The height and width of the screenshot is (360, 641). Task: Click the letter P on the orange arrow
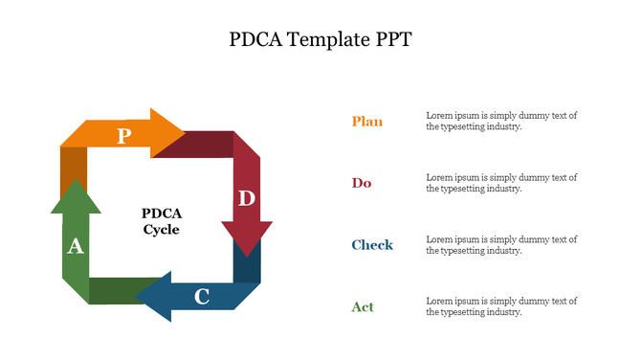coord(123,136)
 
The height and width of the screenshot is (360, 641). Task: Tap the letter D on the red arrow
coord(247,198)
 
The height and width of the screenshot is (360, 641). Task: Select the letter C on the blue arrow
coord(202,297)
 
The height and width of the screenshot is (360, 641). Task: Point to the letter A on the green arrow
coord(75,247)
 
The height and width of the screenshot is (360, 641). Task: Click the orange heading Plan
coord(366,122)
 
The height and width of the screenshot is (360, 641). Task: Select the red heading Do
coord(361,183)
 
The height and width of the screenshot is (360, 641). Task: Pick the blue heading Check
coord(371,245)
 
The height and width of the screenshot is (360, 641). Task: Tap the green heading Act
coord(362,307)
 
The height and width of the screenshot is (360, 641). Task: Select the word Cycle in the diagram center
coord(162,230)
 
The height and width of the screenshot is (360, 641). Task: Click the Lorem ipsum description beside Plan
coord(501,121)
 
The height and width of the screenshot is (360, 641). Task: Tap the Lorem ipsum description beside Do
coord(501,183)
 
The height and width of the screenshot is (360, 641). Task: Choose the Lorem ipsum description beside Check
coord(501,245)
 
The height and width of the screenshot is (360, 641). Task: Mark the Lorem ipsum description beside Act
coord(501,306)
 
